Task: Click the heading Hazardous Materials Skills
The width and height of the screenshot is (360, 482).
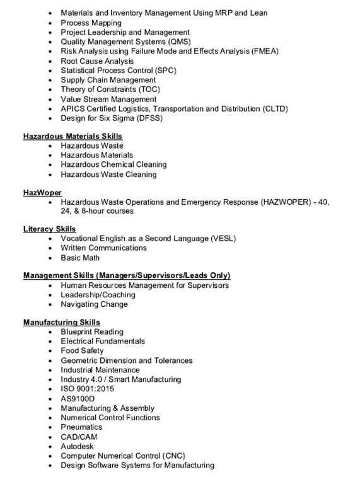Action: [73, 136]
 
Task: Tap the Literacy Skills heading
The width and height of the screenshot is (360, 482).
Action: [50, 229]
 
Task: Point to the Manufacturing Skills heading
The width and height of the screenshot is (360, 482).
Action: [62, 323]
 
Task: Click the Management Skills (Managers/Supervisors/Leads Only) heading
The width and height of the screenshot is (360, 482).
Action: [127, 275]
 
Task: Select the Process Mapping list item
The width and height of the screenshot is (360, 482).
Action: [91, 23]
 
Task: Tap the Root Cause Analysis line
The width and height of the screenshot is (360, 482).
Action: [97, 61]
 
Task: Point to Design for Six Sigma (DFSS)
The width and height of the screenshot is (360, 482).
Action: [112, 118]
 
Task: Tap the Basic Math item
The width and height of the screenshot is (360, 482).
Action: [80, 258]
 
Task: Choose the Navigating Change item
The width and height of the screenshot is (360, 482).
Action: [94, 304]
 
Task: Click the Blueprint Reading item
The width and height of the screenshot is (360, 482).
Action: [92, 332]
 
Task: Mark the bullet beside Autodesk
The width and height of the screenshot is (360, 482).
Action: [50, 446]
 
